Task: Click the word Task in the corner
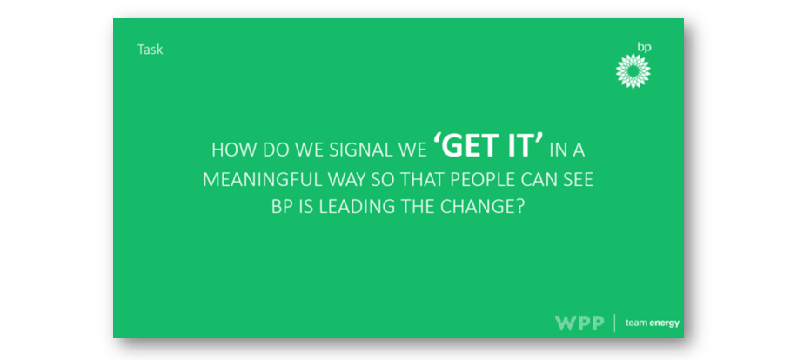[150, 50]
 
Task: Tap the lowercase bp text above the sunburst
[644, 47]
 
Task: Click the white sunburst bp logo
[633, 71]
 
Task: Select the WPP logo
[579, 323]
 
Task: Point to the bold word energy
[665, 323]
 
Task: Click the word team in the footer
[636, 323]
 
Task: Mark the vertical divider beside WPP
[614, 323]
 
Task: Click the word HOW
[228, 150]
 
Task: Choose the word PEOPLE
[482, 180]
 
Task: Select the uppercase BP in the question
[282, 208]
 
